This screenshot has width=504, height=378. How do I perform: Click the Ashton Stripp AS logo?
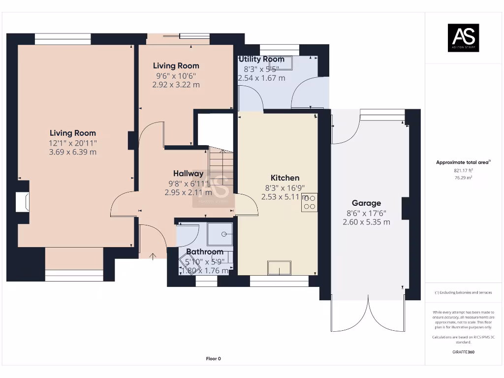tap(463, 38)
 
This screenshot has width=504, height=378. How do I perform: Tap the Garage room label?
tap(366, 203)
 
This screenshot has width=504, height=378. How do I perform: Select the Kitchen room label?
tap(285, 178)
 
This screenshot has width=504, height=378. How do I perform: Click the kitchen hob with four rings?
tap(310, 202)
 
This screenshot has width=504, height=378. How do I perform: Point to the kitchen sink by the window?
tap(279, 268)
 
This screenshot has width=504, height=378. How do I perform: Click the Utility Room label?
tap(261, 59)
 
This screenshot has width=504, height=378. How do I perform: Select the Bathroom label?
tap(204, 252)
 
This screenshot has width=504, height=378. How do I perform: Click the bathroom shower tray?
tap(220, 233)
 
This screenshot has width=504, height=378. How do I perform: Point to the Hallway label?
tap(188, 173)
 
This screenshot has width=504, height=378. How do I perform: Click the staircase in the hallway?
tap(220, 167)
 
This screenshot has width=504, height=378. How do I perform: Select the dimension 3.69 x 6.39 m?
tap(72, 152)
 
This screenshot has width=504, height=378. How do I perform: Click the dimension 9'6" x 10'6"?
tap(176, 76)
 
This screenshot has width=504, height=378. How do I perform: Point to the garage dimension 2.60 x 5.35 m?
tap(366, 222)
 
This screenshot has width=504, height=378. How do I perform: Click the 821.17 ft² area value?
tap(463, 170)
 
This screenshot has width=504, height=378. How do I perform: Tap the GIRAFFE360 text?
tap(463, 352)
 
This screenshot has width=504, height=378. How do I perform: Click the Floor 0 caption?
tap(213, 359)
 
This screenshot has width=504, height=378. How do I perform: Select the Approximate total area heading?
tap(463, 162)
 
